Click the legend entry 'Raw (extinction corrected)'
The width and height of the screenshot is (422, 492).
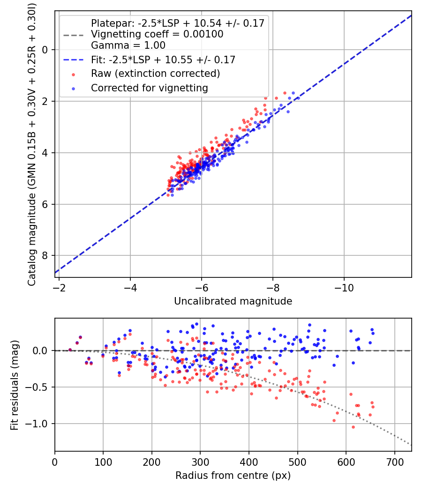point(155,74)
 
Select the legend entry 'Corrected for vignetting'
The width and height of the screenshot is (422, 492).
point(149,88)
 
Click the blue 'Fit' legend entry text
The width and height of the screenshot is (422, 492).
point(163,60)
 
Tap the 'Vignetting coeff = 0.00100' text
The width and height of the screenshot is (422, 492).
point(157,34)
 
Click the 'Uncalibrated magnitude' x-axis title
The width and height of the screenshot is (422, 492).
point(233,301)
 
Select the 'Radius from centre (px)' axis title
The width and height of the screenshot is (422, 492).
point(233,476)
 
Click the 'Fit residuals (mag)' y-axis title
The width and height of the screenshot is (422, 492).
point(15,385)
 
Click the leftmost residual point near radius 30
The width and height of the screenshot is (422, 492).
point(70,350)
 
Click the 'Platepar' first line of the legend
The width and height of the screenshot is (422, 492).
point(178,23)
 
